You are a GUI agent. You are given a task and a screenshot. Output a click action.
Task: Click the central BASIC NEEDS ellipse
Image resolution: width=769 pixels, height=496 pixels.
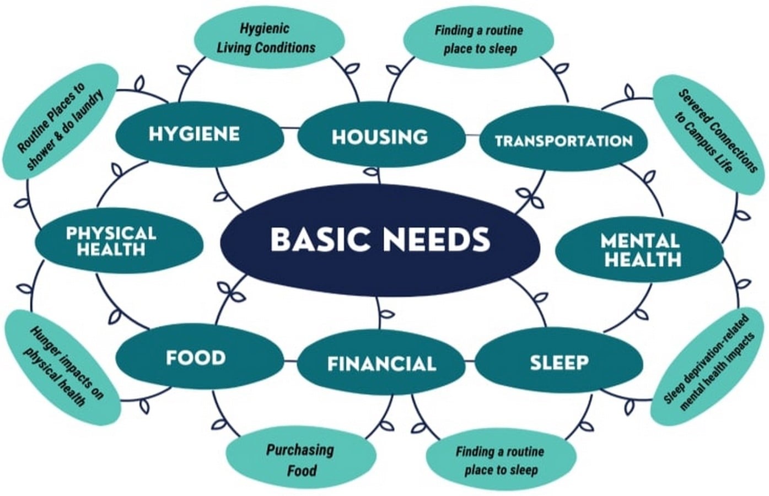click(x=380, y=240)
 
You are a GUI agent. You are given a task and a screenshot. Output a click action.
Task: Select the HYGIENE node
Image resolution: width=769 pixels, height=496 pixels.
click(x=200, y=134)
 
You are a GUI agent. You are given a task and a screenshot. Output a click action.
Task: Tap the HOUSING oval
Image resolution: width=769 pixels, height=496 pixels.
click(x=381, y=135)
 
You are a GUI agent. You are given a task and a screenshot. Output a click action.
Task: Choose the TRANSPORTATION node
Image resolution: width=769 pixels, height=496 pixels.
click(x=563, y=139)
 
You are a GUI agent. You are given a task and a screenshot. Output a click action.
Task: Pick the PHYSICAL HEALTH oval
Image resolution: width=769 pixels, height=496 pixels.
click(x=119, y=241)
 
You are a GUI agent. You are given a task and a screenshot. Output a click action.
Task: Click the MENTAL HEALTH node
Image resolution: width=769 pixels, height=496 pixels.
click(x=639, y=250)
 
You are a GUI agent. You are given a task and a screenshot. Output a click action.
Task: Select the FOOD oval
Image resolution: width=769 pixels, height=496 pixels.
click(x=200, y=357)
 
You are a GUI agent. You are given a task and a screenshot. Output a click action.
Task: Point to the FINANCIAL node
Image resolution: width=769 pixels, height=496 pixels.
click(x=381, y=362)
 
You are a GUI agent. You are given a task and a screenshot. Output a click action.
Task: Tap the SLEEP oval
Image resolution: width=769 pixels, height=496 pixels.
click(x=559, y=360)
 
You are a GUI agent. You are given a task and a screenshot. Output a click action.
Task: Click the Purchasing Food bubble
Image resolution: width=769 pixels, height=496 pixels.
click(x=301, y=457)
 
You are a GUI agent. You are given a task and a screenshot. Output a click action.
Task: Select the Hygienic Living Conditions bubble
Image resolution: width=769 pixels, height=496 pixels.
click(x=270, y=37)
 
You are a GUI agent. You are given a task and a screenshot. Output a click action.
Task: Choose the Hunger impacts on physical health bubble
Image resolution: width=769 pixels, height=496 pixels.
click(x=63, y=368)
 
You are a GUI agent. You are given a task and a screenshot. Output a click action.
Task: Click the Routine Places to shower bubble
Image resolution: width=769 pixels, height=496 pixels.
click(x=61, y=121)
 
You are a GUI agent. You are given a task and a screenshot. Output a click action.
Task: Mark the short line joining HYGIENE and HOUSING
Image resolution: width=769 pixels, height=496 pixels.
click(x=291, y=128)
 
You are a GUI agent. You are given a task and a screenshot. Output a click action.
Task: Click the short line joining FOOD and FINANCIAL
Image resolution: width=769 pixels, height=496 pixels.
click(x=291, y=361)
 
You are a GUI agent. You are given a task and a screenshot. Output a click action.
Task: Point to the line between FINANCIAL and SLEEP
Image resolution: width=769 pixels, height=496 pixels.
click(x=470, y=360)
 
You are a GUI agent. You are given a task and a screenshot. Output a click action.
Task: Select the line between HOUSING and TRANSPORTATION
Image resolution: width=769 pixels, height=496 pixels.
click(x=472, y=135)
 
